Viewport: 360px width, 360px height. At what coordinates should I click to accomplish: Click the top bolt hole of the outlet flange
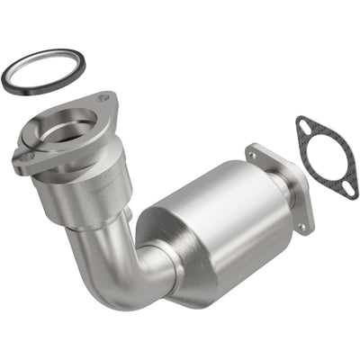(x=253, y=154)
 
